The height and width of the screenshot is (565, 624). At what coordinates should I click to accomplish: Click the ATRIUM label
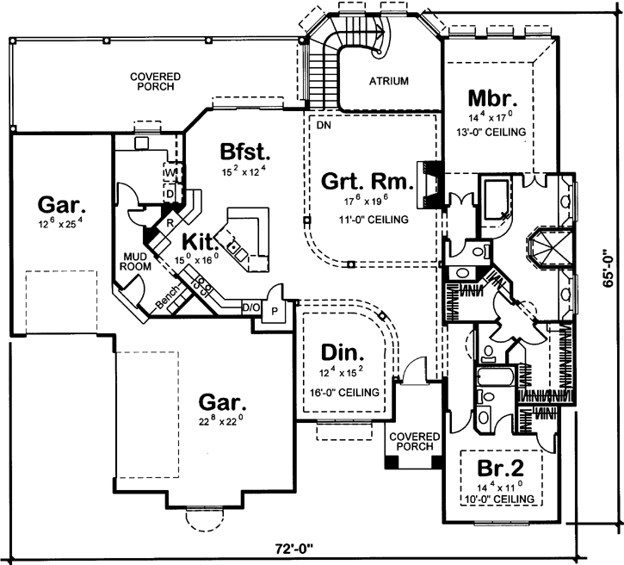pos(389,81)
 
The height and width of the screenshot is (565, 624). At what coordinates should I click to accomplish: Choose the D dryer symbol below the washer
pos(170,194)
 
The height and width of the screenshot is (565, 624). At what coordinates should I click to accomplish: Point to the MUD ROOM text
pos(137,261)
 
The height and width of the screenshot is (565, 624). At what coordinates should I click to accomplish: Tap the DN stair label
pos(324,125)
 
